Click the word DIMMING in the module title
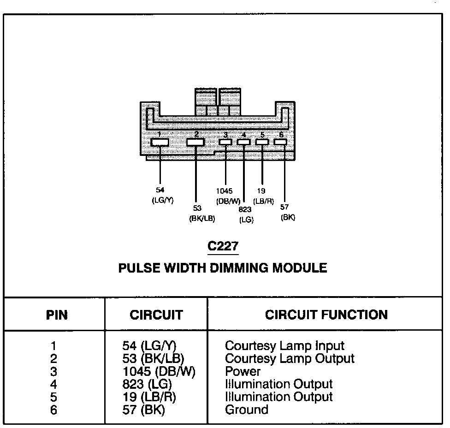click(249, 268)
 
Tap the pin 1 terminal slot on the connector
click(160, 142)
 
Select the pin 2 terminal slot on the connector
click(195, 142)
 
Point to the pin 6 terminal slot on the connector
click(280, 142)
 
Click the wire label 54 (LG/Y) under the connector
click(161, 195)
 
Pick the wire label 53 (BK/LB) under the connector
click(202, 214)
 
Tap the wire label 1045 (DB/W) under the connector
click(227, 196)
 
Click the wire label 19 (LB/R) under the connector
click(264, 196)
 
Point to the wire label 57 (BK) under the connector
click(287, 213)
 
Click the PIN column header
click(57, 315)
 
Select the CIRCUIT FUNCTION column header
click(326, 315)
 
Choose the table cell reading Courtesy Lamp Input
click(284, 345)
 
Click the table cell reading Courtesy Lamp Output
click(290, 358)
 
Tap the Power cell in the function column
click(243, 371)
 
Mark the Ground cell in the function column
click(246, 410)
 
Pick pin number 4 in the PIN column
click(54, 384)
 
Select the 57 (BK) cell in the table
click(142, 410)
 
